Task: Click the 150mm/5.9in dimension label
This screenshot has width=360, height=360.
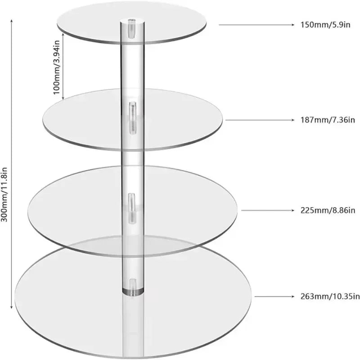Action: [x=325, y=25]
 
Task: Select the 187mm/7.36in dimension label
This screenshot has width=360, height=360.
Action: [x=328, y=120]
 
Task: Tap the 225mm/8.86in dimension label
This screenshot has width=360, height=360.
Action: [x=328, y=210]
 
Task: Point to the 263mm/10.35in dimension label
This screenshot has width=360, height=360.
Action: [x=330, y=297]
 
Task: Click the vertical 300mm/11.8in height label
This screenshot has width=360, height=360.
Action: [x=4, y=194]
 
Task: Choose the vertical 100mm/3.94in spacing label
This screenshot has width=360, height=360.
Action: [x=57, y=67]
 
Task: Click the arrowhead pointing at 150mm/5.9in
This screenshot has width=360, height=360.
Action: [x=292, y=25]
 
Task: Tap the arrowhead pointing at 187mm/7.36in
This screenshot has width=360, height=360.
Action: [x=292, y=120]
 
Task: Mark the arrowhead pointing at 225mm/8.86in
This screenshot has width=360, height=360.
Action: [x=292, y=210]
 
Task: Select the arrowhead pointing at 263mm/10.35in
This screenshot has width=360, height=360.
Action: [x=292, y=297]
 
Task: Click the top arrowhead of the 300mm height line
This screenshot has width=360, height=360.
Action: [x=12, y=21]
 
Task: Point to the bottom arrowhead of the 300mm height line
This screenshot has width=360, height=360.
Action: [x=12, y=307]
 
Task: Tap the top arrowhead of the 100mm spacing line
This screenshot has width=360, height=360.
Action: [x=63, y=34]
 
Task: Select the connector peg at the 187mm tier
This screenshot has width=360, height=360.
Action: [x=132, y=118]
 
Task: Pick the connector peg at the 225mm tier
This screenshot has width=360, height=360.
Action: [x=132, y=208]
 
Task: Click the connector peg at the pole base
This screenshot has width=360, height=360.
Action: [x=133, y=285]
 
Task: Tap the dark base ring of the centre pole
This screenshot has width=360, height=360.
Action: [x=133, y=292]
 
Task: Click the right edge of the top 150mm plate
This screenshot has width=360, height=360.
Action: [x=206, y=23]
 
